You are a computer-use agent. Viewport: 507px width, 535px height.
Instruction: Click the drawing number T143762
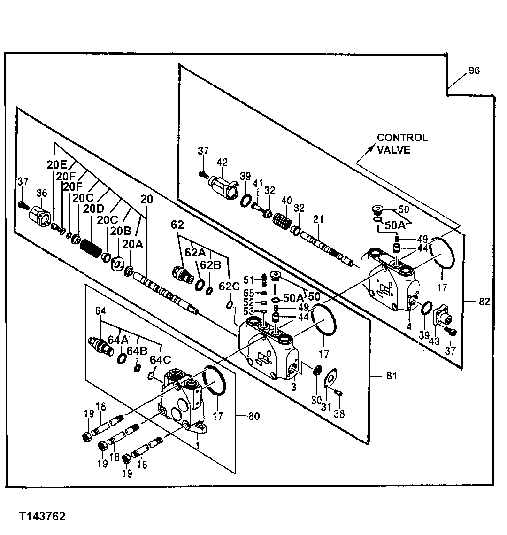coord(42,517)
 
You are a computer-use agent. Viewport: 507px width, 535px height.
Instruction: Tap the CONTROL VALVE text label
coord(402,144)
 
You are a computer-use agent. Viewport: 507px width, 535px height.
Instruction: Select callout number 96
coord(474,71)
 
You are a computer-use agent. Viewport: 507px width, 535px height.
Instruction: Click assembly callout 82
coord(485,302)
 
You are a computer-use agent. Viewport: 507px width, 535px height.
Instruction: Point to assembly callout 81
coord(392,376)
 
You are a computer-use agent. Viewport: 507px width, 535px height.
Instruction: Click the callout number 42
coord(222,162)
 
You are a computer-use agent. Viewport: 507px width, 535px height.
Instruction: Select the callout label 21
coord(319,219)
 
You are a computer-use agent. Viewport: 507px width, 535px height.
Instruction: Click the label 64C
coord(160,360)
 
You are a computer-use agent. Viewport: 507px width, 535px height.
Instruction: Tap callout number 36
coord(42,194)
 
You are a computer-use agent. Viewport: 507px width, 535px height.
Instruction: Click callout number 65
coord(248,293)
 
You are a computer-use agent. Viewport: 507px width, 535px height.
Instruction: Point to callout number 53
coord(248,311)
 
